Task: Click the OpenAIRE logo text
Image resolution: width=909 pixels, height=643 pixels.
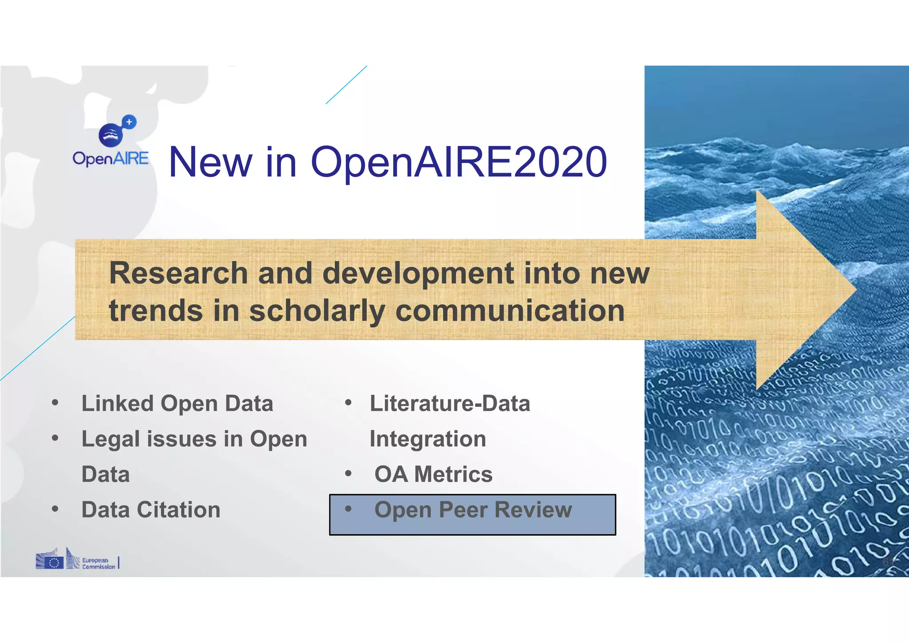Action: pyautogui.click(x=111, y=159)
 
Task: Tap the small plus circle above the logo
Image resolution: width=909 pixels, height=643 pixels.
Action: pyautogui.click(x=129, y=122)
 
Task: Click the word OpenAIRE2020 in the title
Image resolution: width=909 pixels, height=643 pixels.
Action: pyautogui.click(x=458, y=163)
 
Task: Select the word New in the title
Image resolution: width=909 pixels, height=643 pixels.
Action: pyautogui.click(x=210, y=163)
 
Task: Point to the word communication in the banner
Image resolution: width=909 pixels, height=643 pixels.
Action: pyautogui.click(x=510, y=310)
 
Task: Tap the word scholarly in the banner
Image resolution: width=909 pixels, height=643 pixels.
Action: pyautogui.click(x=317, y=310)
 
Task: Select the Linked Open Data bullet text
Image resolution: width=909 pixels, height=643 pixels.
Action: pyautogui.click(x=177, y=404)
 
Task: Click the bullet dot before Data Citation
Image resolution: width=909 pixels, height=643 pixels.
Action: pyautogui.click(x=55, y=509)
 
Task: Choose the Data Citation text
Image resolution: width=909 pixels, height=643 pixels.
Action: pyautogui.click(x=151, y=510)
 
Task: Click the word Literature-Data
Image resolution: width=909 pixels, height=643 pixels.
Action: pyautogui.click(x=450, y=404)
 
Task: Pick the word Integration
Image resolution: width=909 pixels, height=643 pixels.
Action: pyautogui.click(x=428, y=439)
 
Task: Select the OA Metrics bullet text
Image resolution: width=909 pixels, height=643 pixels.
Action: pyautogui.click(x=433, y=474)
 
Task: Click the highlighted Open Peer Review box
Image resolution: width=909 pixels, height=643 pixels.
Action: pyautogui.click(x=472, y=515)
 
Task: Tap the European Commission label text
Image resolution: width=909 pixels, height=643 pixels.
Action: pyautogui.click(x=98, y=564)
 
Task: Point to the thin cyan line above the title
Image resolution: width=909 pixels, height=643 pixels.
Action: pyautogui.click(x=346, y=85)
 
